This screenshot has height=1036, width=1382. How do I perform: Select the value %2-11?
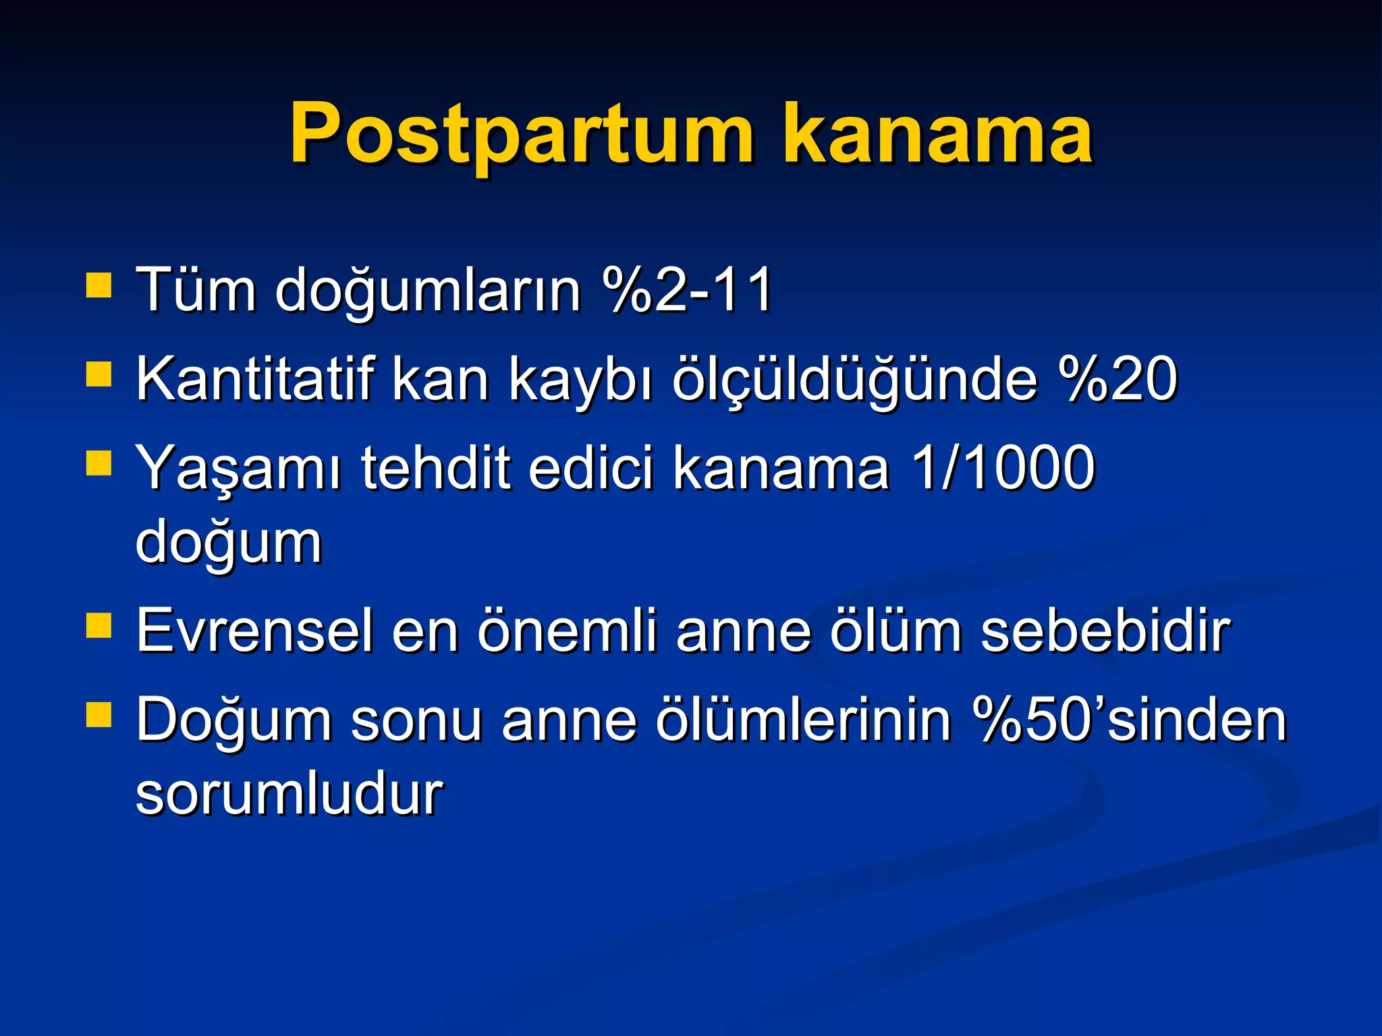[x=688, y=290]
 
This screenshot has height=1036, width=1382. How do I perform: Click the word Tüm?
[x=196, y=290]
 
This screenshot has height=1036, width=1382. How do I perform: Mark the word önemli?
[x=567, y=631]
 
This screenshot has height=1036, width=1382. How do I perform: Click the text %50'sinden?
[x=1130, y=720]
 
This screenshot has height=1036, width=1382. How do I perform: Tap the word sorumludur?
[x=289, y=793]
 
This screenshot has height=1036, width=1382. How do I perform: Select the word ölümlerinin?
[x=803, y=720]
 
